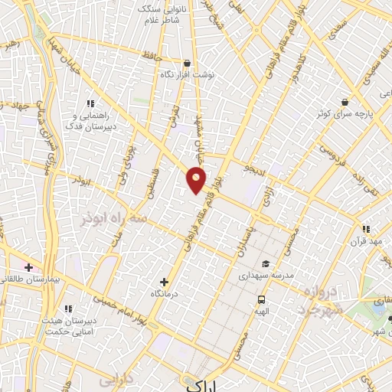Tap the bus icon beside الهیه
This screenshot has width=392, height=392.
tap(262, 299)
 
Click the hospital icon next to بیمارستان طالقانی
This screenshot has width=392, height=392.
tap(28, 267)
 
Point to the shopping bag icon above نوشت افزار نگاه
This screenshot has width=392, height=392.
tap(188, 64)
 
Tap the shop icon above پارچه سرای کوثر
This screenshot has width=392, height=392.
tap(346, 102)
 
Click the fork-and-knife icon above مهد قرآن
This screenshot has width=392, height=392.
tap(366, 228)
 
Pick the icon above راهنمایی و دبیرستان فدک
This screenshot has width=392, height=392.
tap(90, 103)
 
